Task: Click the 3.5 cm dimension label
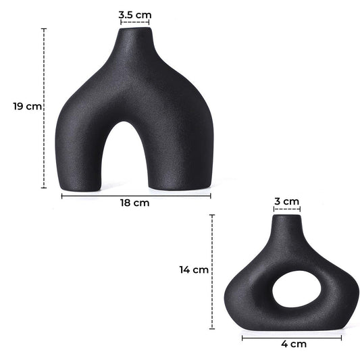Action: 136,13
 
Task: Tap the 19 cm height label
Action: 26,107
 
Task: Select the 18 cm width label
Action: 136,202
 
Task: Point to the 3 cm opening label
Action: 286,201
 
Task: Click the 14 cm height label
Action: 194,269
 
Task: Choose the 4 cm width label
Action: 293,344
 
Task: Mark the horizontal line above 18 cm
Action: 136,195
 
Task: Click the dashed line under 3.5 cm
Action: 135,22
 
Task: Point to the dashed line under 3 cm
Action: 286,210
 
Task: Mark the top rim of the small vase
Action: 286,216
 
